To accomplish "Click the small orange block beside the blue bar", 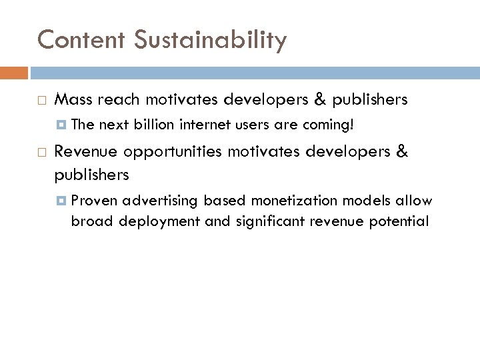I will tap(14, 72).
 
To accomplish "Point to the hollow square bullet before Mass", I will tap(41, 101).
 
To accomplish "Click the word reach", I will tap(119, 100).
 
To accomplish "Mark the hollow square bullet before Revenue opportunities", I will tap(41, 152).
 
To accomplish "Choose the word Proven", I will tap(94, 201).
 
